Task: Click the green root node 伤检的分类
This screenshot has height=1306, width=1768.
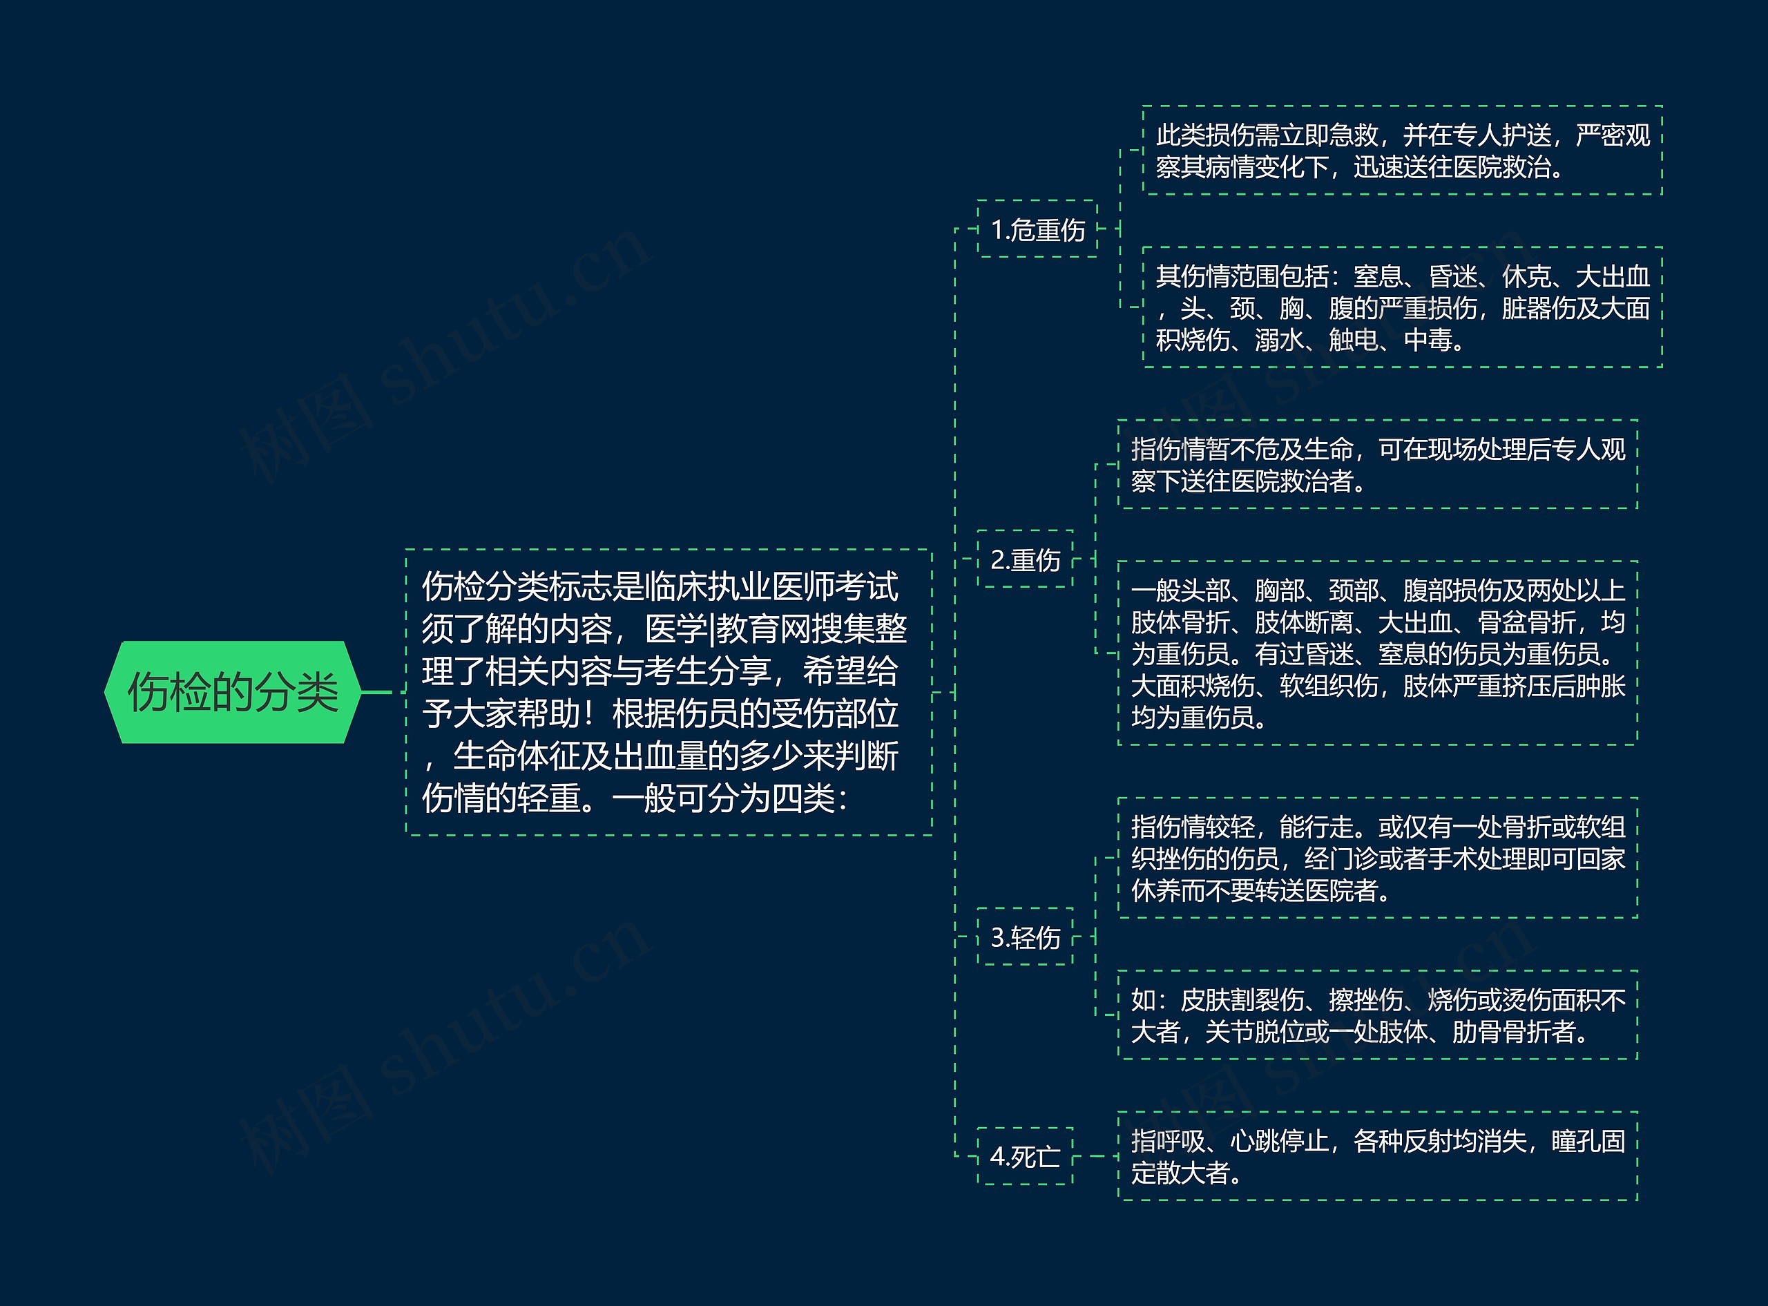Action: [232, 693]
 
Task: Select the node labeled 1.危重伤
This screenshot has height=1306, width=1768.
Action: [1037, 229]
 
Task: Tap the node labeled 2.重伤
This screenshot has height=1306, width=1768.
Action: [1025, 559]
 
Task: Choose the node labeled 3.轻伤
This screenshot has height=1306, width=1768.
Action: [1025, 938]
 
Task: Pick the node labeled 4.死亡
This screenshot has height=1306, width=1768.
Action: [1025, 1157]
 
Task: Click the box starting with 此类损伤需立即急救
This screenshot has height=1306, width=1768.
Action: [1402, 150]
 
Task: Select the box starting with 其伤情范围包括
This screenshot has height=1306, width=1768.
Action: [1402, 307]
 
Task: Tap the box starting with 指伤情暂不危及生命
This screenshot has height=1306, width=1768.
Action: [1377, 465]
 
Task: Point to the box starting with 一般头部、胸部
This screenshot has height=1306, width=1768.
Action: [1377, 653]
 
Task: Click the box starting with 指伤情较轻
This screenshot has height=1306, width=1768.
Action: [1377, 858]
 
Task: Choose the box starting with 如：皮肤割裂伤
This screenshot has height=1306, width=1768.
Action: [1377, 1015]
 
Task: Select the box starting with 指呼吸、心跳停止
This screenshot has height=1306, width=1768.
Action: [1377, 1157]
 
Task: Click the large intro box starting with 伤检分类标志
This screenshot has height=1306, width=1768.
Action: [668, 692]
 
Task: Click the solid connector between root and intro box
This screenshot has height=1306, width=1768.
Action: [376, 693]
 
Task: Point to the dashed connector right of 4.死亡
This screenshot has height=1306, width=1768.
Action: [1095, 1157]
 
